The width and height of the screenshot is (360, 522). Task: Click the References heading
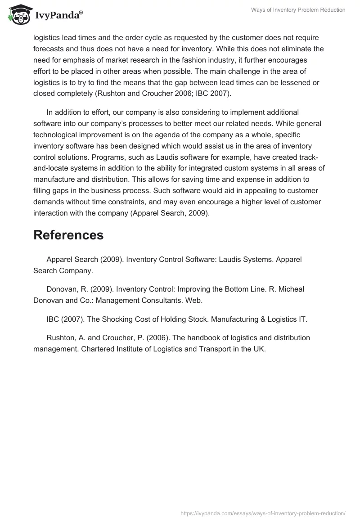tap(68, 235)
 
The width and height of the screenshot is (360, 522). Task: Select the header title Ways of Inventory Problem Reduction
tap(298, 10)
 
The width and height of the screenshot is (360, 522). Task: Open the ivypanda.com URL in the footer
tap(263, 513)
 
